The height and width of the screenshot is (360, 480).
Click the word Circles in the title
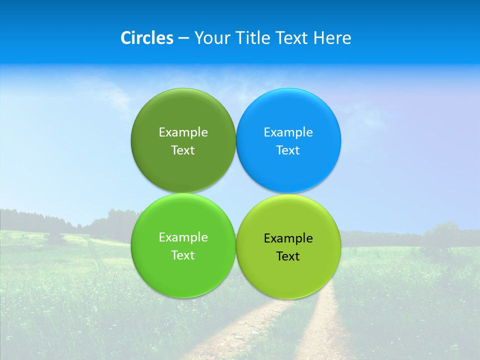(146, 38)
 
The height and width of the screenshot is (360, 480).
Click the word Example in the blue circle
(288, 132)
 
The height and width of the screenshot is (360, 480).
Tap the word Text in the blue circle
(288, 150)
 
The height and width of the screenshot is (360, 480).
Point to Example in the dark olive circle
(183, 132)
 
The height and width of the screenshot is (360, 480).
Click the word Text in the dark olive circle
(183, 150)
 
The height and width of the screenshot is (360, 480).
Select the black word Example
(288, 238)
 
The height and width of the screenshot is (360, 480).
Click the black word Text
(288, 256)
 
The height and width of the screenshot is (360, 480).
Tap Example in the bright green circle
(183, 237)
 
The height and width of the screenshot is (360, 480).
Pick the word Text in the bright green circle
(183, 255)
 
